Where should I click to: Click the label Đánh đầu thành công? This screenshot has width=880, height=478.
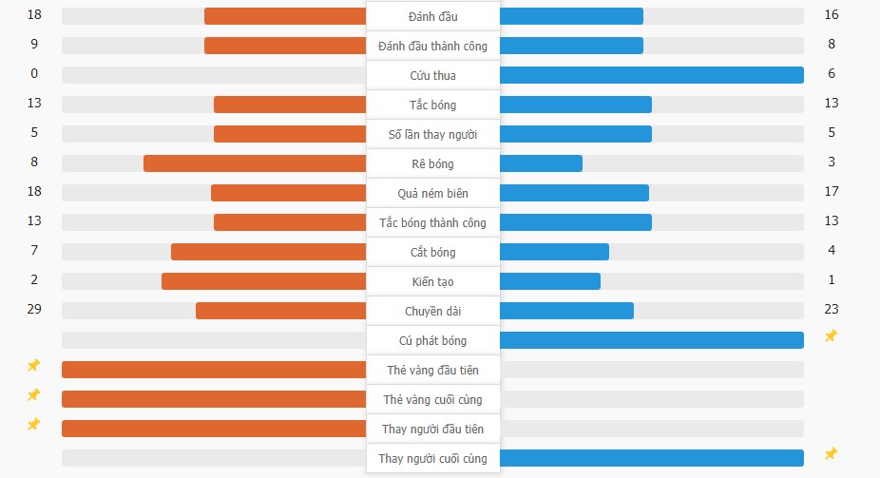(432, 46)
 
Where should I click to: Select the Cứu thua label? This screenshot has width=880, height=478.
(432, 75)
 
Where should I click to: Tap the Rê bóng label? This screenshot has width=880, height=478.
(432, 163)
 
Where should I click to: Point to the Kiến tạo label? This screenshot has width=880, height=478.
(432, 281)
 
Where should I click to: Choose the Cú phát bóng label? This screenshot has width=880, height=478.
(432, 340)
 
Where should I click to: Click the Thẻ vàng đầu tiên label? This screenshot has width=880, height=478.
(432, 370)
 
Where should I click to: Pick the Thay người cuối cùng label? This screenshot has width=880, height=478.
(432, 458)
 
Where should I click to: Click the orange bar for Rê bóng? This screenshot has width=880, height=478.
(255, 163)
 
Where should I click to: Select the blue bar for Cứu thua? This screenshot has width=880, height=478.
(651, 75)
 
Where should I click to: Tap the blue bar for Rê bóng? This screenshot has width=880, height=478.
(541, 163)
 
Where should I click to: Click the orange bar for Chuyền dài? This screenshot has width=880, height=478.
(280, 311)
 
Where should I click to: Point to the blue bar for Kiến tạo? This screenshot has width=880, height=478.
(549, 281)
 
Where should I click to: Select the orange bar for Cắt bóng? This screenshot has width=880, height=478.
(268, 252)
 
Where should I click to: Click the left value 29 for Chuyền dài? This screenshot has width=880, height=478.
(34, 309)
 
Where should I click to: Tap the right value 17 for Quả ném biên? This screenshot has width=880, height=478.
(832, 191)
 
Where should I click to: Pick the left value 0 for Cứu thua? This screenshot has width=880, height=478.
(34, 73)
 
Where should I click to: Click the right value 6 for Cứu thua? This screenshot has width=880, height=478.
(832, 73)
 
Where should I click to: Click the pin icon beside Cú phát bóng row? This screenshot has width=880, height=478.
(831, 335)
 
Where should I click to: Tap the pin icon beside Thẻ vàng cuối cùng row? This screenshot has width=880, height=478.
(33, 394)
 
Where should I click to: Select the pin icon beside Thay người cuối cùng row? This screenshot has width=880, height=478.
(831, 453)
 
